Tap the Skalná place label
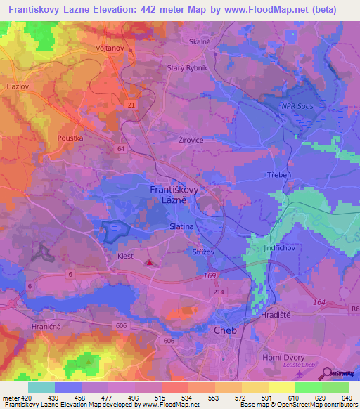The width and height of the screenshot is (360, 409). tap(200, 42)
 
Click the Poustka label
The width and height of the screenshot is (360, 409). tap(71, 138)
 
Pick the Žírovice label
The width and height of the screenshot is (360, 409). tap(191, 140)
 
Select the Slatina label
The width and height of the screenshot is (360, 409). tap(183, 227)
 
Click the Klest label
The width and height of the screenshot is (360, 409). tap(125, 257)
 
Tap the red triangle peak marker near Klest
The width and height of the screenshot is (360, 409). tap(149, 264)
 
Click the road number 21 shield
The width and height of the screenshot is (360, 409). tap(131, 104)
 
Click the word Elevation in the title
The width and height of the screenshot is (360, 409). tap(120, 10)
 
